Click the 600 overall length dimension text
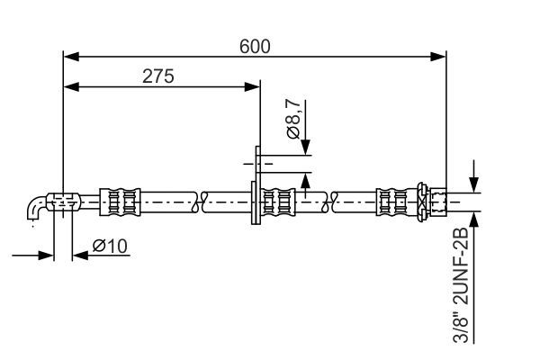tap(255, 45)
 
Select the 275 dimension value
tap(158, 76)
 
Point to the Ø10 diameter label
tap(111, 245)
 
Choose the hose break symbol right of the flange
tap(334, 202)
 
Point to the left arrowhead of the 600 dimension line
tap(69, 57)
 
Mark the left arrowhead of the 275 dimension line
tap(69, 87)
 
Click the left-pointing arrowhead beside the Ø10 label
tap(77, 256)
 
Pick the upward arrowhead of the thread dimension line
tap(475, 219)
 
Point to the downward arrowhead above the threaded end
tap(475, 184)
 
